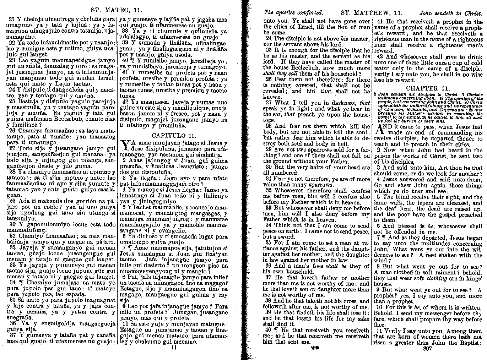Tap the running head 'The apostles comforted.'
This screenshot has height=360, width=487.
click(293, 13)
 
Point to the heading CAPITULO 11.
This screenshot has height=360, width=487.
click(174, 135)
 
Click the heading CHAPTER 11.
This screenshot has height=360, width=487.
click(428, 88)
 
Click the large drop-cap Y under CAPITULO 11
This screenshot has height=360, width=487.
click(125, 146)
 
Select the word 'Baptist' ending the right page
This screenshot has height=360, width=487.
click(468, 343)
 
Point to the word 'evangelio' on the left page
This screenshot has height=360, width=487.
click(177, 230)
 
